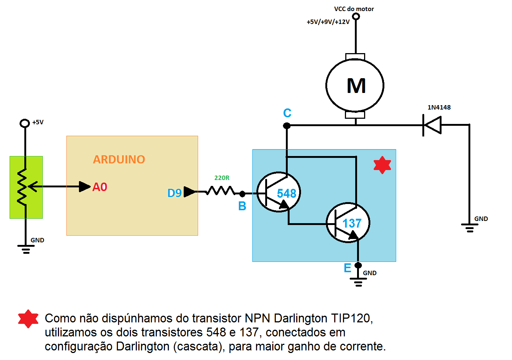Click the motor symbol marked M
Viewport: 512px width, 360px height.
point(355,86)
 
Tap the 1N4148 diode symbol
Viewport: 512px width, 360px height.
point(432,125)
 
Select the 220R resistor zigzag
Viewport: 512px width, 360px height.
point(220,191)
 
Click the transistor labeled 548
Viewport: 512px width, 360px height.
point(279,192)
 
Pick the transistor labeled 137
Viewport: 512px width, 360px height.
point(348,222)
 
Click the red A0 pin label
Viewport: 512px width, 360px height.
point(100,187)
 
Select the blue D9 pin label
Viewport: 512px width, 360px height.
point(174,193)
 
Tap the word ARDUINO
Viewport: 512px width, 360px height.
point(119,159)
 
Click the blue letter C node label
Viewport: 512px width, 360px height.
point(287,113)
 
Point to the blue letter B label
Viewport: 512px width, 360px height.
point(242,206)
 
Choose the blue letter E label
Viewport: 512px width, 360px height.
point(347,268)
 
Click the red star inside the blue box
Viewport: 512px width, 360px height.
point(382,165)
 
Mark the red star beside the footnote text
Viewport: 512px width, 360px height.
point(28,319)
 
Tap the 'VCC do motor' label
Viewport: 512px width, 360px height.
point(354,9)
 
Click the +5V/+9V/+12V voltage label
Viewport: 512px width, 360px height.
point(328,22)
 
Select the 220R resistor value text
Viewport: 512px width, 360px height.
point(222,178)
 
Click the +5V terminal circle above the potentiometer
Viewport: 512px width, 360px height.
point(25,123)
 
